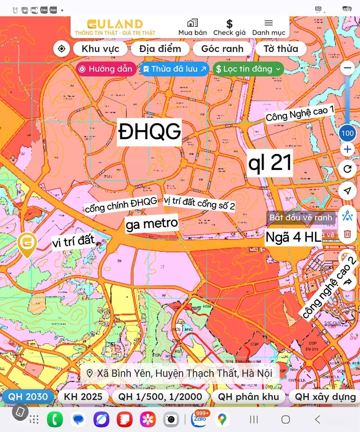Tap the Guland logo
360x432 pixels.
[x=115, y=27]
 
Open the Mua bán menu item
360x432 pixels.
[x=192, y=27]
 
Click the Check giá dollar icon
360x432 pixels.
[x=229, y=24]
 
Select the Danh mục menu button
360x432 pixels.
[x=269, y=27]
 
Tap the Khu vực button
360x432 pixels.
[x=100, y=49]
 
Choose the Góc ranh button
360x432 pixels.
[x=222, y=49]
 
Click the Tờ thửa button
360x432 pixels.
[x=281, y=49]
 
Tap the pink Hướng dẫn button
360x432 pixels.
[x=106, y=69]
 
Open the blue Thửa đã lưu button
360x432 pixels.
[x=175, y=69]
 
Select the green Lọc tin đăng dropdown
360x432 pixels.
[x=248, y=69]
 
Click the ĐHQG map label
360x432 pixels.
[x=150, y=132]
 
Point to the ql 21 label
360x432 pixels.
[x=270, y=162]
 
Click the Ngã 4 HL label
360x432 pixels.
[x=293, y=237]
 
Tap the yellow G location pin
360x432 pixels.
[x=27, y=243]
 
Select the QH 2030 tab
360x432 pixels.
[x=28, y=397]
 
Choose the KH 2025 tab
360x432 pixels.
[x=83, y=397]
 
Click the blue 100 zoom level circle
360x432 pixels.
[x=347, y=133]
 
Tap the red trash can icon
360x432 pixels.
[x=347, y=234]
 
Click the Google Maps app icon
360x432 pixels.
[x=222, y=419]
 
